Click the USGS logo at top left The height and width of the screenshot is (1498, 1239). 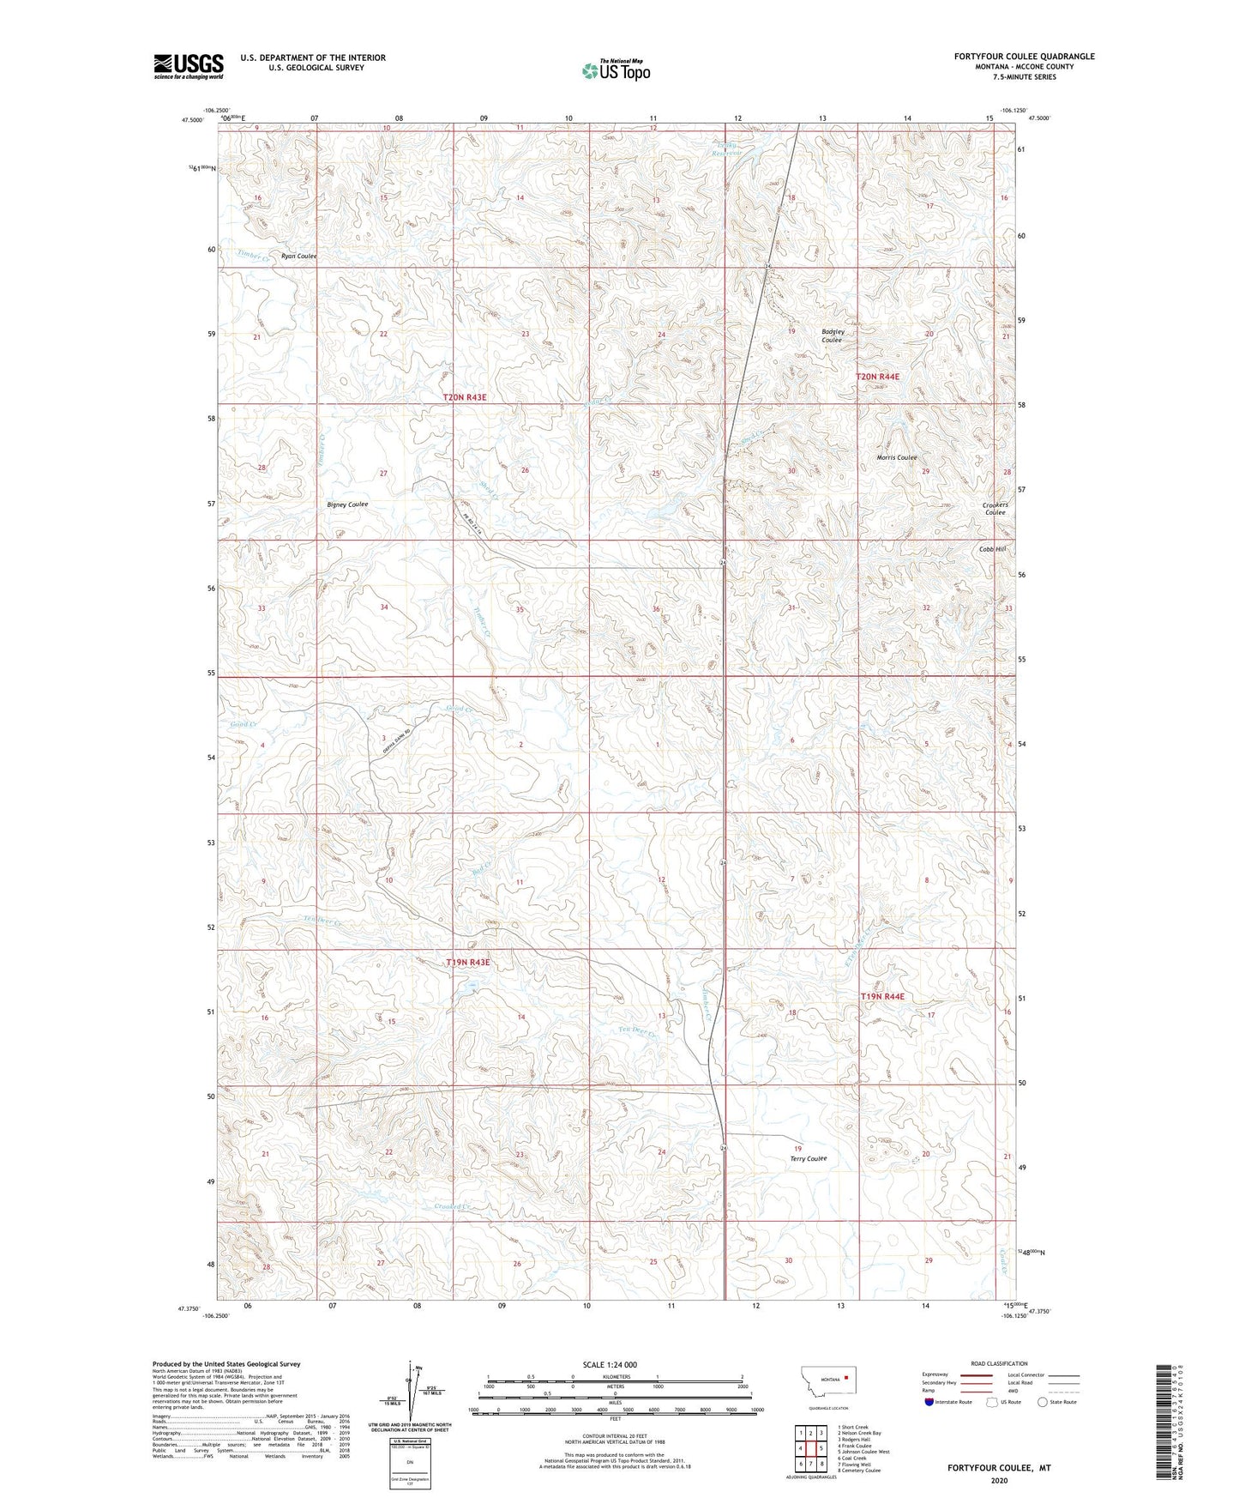(x=189, y=66)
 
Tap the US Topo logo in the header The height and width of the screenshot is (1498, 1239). (x=616, y=70)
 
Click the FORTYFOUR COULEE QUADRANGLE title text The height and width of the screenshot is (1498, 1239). (x=1024, y=57)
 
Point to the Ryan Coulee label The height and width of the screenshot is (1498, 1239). (x=298, y=257)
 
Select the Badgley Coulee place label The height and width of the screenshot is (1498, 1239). (x=832, y=336)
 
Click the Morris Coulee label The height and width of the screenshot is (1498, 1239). (x=897, y=458)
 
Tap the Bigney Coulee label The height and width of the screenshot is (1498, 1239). (x=347, y=504)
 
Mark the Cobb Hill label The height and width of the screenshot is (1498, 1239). (x=992, y=549)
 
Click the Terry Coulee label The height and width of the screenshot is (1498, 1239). (x=808, y=1159)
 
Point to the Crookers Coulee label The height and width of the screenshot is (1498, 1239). (x=995, y=509)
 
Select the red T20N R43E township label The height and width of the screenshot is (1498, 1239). (x=465, y=397)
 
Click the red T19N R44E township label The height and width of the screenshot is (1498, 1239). (x=882, y=996)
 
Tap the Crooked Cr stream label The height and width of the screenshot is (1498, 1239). (x=453, y=1207)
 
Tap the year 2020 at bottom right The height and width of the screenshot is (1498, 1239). (x=999, y=1480)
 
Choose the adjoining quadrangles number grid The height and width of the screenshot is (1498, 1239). (x=810, y=1448)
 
